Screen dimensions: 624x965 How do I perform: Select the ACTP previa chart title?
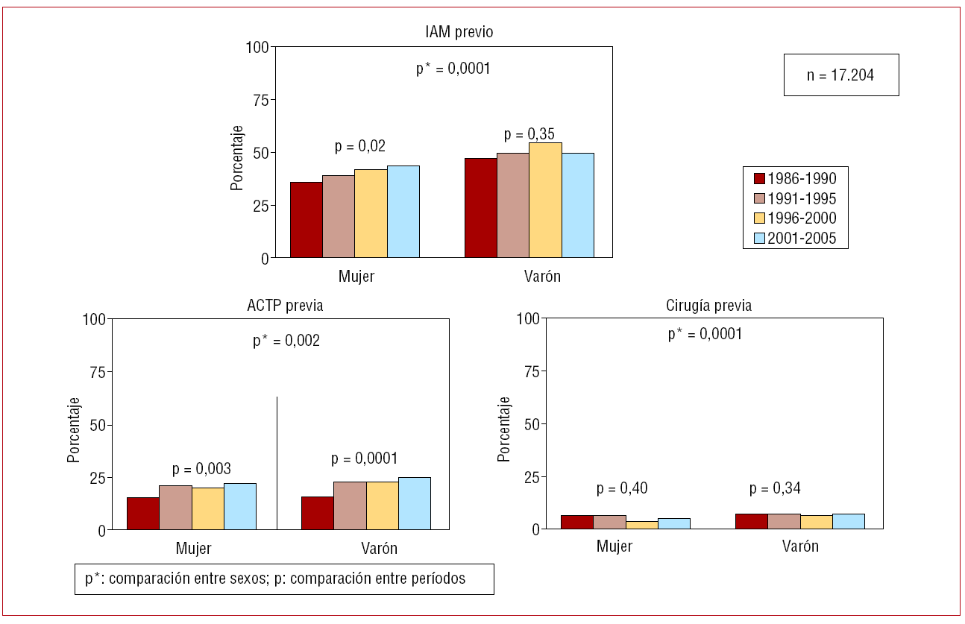[x=285, y=306]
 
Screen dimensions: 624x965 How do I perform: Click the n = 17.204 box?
[x=840, y=75]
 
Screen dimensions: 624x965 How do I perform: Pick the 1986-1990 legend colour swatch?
[x=760, y=179]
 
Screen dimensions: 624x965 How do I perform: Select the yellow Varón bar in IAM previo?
[x=545, y=200]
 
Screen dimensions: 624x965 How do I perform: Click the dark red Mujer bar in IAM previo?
[x=306, y=220]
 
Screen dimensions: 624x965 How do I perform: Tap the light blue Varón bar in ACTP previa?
[x=414, y=503]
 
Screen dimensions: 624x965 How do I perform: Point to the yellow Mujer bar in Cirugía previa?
[x=641, y=525]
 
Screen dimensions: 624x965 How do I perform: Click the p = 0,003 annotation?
[x=201, y=469]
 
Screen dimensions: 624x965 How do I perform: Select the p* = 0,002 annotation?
[x=286, y=341]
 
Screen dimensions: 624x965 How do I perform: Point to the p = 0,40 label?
[x=622, y=488]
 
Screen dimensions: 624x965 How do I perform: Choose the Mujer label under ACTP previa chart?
[x=194, y=549]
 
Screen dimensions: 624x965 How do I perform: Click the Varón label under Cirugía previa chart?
[x=800, y=546]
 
